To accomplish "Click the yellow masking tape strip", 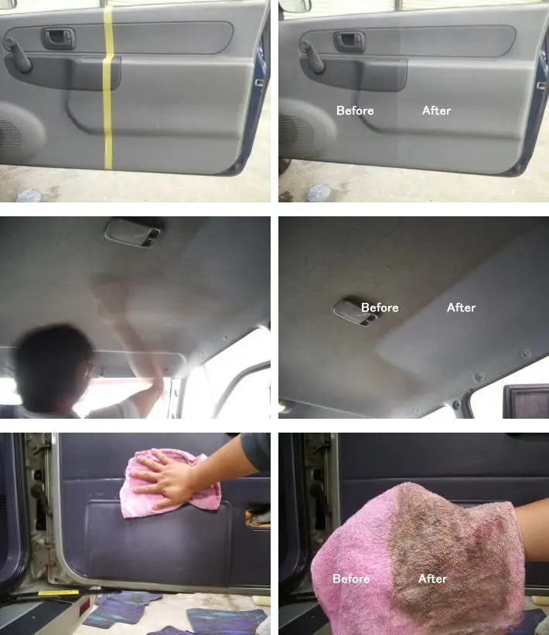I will point(109,85).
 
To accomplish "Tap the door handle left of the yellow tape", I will point(59,38).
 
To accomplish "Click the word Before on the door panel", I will point(355,110).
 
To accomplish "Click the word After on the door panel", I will point(436,110).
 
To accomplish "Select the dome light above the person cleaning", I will point(133,232).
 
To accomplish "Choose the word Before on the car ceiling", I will point(380,307).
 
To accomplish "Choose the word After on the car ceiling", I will point(461,307).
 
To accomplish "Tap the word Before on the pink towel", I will point(351,579).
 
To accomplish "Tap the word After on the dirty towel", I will point(432,579).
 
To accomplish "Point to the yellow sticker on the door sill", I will point(58,593).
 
